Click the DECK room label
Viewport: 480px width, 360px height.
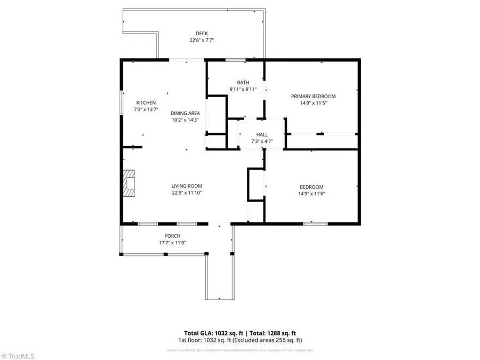click(202, 34)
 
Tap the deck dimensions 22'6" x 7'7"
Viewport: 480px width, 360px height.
click(202, 41)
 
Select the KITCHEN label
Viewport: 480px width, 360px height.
click(146, 103)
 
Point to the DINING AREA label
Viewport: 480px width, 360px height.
click(185, 113)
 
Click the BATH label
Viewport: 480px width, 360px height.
click(243, 83)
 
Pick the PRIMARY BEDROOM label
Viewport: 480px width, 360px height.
click(313, 97)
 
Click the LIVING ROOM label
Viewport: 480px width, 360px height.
click(187, 186)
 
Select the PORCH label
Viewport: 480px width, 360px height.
click(172, 236)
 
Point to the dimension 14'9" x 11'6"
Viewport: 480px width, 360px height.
click(311, 194)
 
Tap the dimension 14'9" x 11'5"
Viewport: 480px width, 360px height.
click(313, 103)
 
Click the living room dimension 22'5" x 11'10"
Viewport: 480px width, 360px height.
click(187, 193)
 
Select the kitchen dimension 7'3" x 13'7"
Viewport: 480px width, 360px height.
click(146, 110)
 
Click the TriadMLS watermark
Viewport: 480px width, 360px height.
click(19, 355)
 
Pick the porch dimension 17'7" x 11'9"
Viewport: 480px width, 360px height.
click(172, 243)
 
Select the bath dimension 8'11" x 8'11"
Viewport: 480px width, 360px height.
click(243, 90)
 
